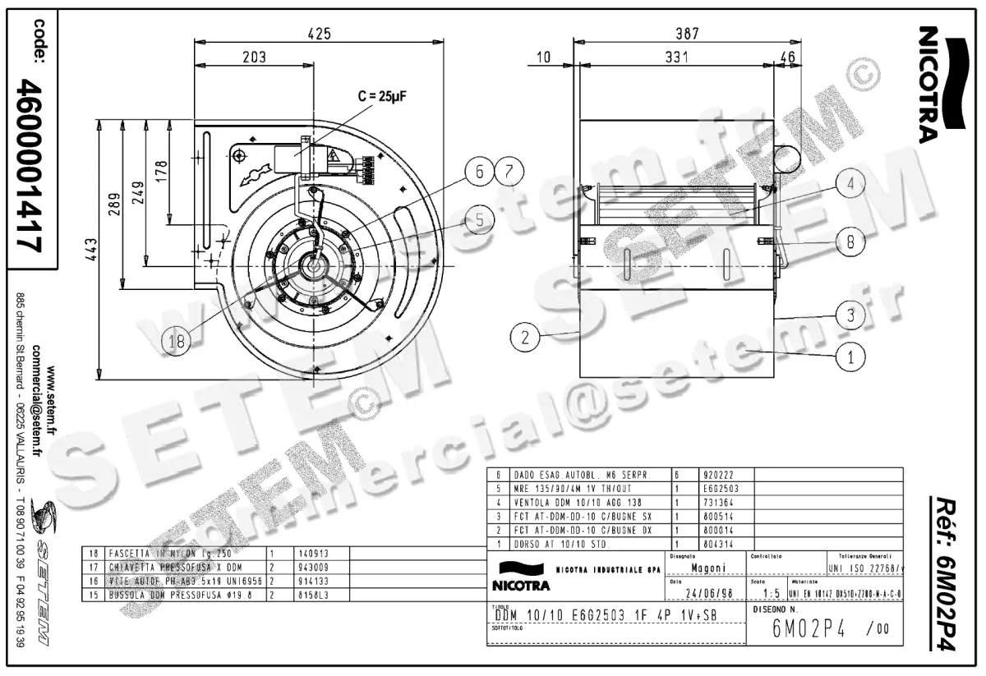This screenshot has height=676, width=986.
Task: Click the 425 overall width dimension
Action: point(318,34)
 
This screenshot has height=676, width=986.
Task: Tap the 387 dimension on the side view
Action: point(686,34)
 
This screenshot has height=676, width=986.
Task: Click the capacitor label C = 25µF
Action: point(382,95)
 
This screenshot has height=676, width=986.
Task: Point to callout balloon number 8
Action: point(851,241)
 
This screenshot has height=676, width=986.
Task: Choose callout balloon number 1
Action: point(851,356)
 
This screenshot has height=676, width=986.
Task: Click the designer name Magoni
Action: point(707,568)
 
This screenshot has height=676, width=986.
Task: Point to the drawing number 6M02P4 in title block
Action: point(809,630)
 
